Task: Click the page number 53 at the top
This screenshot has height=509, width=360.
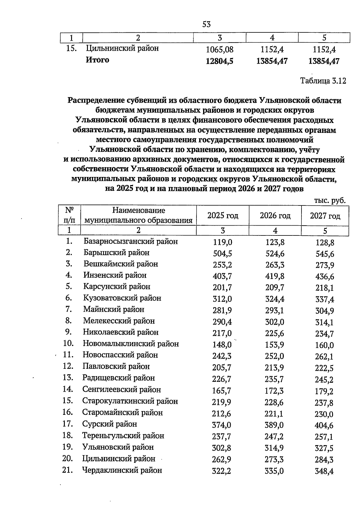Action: click(x=206, y=24)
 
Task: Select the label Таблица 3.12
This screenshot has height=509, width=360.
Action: click(x=323, y=81)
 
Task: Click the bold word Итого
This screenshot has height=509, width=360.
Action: click(x=97, y=60)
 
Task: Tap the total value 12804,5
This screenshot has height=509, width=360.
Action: click(x=220, y=61)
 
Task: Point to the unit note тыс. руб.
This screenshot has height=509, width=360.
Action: click(x=330, y=200)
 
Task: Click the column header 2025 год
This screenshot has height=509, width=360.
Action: click(x=223, y=215)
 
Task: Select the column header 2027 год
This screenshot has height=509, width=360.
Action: click(x=325, y=216)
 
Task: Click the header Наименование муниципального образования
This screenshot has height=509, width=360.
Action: click(x=138, y=215)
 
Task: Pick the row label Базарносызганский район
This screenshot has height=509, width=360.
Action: click(x=130, y=241)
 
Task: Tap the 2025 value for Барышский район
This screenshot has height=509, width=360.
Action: click(x=222, y=254)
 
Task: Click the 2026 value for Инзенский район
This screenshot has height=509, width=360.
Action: click(x=275, y=276)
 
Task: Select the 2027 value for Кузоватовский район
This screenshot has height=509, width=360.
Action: click(x=325, y=299)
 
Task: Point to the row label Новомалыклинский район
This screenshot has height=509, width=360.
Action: click(x=131, y=344)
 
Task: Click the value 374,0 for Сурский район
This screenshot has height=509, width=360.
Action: click(x=222, y=425)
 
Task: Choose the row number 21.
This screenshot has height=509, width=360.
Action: click(x=68, y=470)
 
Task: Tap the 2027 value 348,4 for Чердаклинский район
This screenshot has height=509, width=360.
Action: click(x=324, y=472)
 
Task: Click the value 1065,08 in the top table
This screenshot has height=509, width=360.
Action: click(x=220, y=49)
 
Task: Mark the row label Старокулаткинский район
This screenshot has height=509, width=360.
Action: click(x=130, y=401)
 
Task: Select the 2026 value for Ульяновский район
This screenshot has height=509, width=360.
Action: click(x=274, y=448)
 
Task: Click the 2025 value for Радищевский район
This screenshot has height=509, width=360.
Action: click(x=222, y=379)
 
